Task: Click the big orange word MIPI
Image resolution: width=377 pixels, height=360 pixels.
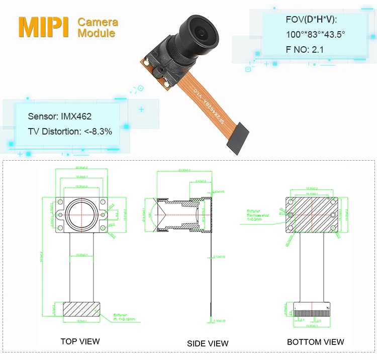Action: click(43, 27)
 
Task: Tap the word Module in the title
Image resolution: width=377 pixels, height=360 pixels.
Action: click(96, 34)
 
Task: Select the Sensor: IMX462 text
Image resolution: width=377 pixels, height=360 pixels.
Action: click(60, 116)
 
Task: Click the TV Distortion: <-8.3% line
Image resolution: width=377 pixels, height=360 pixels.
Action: click(70, 131)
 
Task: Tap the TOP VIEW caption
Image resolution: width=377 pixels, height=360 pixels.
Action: click(80, 341)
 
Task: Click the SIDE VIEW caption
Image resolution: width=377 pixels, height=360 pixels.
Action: click(208, 343)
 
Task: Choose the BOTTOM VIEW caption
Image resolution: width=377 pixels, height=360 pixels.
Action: click(315, 342)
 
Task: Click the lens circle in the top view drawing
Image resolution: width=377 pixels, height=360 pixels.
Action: click(81, 213)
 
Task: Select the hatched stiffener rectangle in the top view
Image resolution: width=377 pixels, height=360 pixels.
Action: click(81, 309)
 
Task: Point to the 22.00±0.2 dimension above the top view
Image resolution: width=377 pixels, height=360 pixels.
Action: click(81, 168)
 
